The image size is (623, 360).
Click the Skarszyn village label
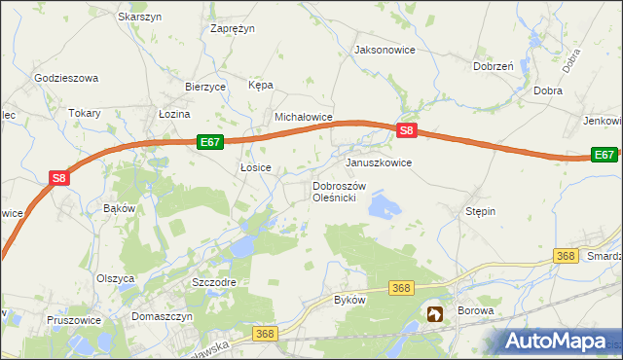tap(139, 17)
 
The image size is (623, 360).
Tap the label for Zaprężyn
tap(233, 28)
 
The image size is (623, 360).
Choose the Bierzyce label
tap(205, 87)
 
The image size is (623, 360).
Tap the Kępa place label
tap(261, 86)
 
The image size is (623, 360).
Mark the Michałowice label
tap(304, 117)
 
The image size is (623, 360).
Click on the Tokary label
tap(85, 113)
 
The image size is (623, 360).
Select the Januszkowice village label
tap(379, 162)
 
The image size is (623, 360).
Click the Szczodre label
tap(214, 281)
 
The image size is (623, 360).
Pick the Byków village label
tap(349, 300)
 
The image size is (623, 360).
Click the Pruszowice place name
tap(76, 319)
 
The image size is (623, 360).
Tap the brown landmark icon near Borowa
tap(435, 313)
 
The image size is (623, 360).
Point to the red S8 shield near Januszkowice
tap(408, 131)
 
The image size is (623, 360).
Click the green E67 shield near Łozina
tap(210, 142)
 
